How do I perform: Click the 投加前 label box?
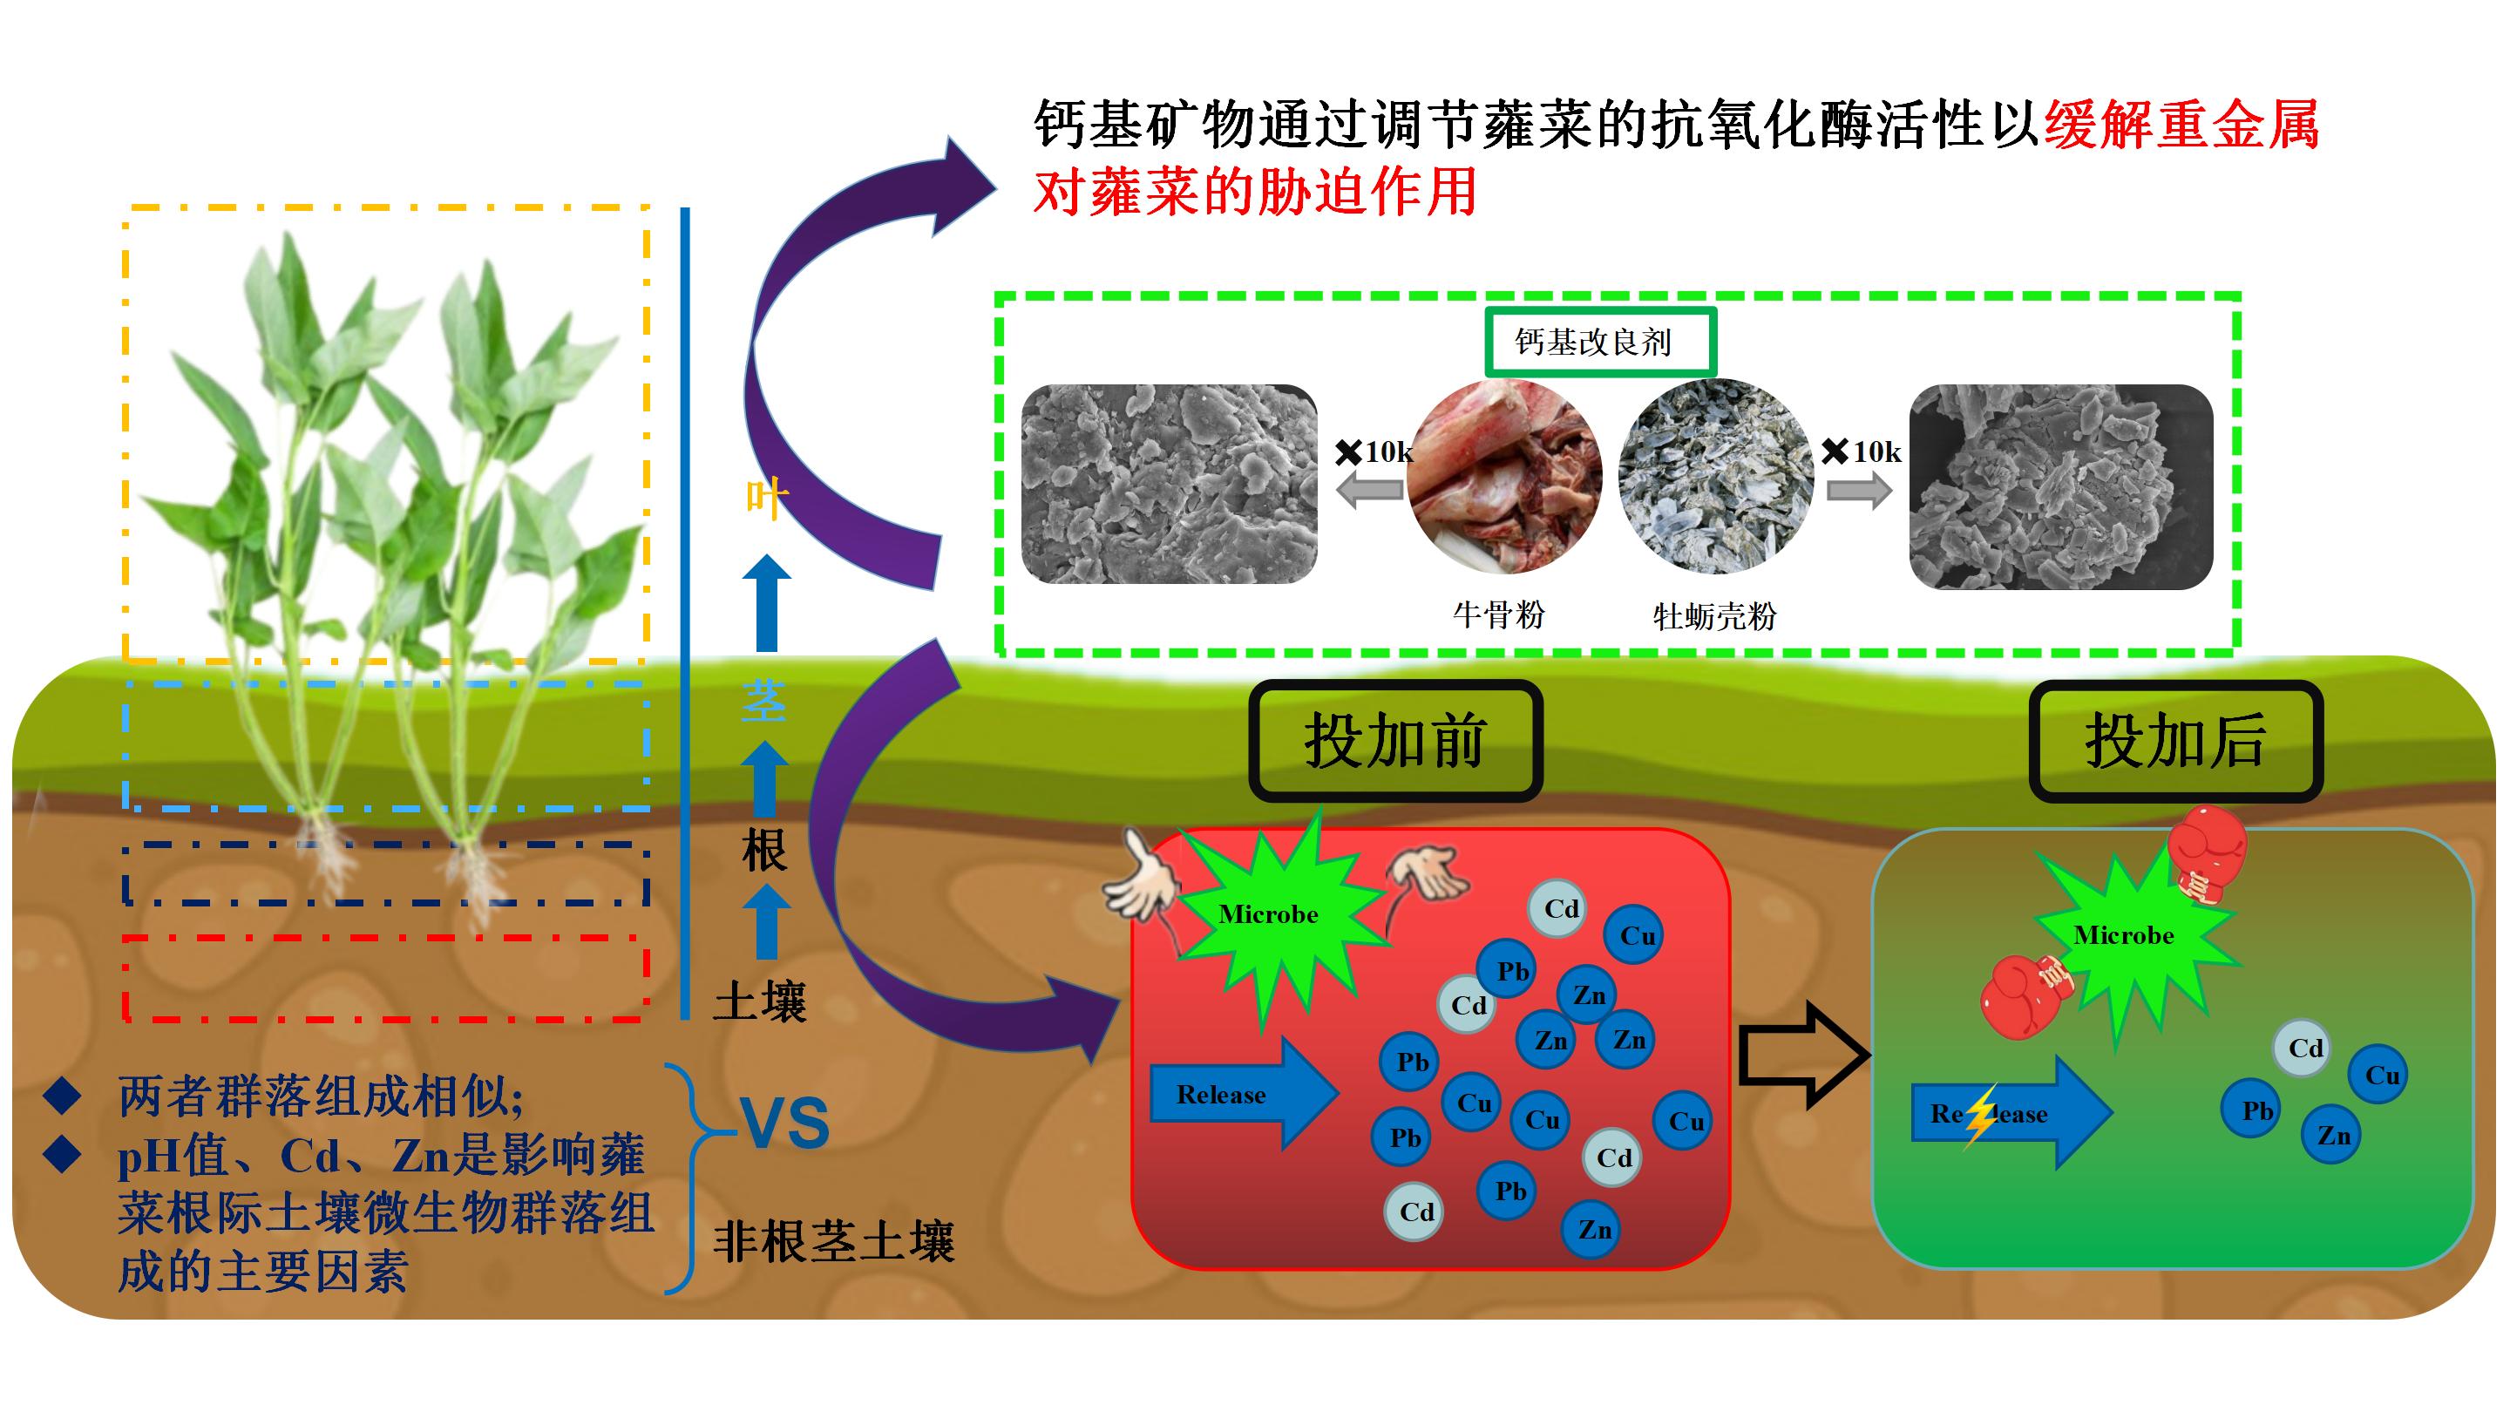pyautogui.click(x=1394, y=742)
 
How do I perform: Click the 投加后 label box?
pyautogui.click(x=2174, y=742)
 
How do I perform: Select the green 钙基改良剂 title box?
pyautogui.click(x=1599, y=342)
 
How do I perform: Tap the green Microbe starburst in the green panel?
pyautogui.click(x=2124, y=935)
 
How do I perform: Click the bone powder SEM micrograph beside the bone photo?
pyautogui.click(x=1168, y=485)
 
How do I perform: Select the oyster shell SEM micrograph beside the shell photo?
pyautogui.click(x=2059, y=487)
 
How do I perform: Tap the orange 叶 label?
pyautogui.click(x=765, y=499)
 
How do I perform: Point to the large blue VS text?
pyautogui.click(x=784, y=1123)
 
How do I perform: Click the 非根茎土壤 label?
pyautogui.click(x=833, y=1242)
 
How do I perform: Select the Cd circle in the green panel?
pyautogui.click(x=2304, y=1049)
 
